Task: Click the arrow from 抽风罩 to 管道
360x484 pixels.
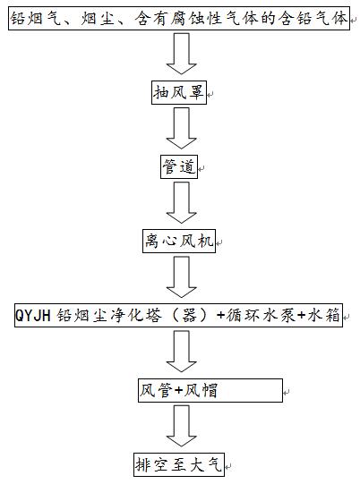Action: pyautogui.click(x=182, y=128)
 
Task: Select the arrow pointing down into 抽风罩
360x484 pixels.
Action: pyautogui.click(x=182, y=54)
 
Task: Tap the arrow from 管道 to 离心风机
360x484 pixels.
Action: pyautogui.click(x=182, y=202)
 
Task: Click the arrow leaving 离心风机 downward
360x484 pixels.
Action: pyautogui.click(x=182, y=276)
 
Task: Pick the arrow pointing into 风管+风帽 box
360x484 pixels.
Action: pyautogui.click(x=182, y=352)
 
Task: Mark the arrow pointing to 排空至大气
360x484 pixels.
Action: pyautogui.click(x=182, y=426)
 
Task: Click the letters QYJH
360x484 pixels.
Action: pyautogui.click(x=33, y=316)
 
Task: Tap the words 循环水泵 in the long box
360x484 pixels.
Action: pyautogui.click(x=261, y=316)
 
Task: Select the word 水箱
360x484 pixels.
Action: pyautogui.click(x=323, y=316)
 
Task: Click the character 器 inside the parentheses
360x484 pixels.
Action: pyautogui.click(x=189, y=316)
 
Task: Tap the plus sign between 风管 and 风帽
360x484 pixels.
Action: pyautogui.click(x=178, y=391)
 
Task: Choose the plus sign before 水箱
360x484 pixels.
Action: pyautogui.click(x=301, y=316)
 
